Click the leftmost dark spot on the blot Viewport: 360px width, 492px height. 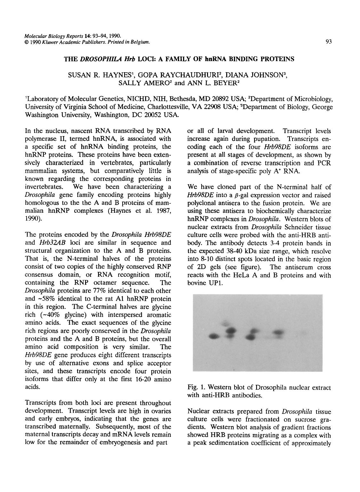(x=214, y=336)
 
